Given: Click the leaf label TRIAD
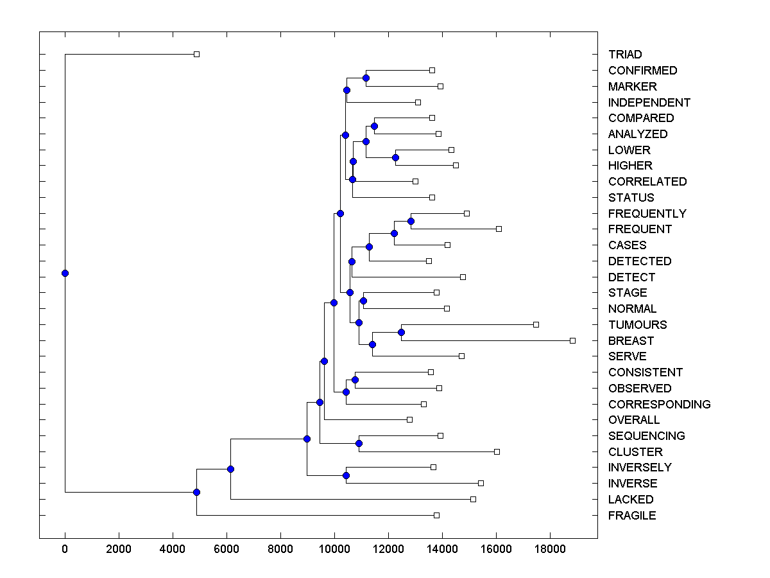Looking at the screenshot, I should tap(625, 55).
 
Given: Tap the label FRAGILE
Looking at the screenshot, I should tap(632, 515).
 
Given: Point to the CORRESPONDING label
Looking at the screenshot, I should tap(659, 404).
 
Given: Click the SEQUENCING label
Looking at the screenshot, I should tap(647, 435).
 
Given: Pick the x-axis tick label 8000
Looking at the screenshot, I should tap(280, 548).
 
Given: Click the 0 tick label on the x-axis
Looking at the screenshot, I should tap(65, 548).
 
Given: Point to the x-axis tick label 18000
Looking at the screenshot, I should tap(550, 548).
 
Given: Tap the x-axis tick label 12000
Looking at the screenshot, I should tap(388, 548).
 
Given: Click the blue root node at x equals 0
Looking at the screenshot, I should tap(65, 273).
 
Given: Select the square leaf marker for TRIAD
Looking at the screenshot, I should tap(197, 55).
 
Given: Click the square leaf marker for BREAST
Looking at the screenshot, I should tap(573, 340).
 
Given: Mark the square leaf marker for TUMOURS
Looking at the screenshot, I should tap(536, 324).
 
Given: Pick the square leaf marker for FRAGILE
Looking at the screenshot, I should tap(437, 515).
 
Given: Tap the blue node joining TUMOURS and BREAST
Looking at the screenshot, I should tap(401, 332).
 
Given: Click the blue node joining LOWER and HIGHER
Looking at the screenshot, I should tap(395, 157).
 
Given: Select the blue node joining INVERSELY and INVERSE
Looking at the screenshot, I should tap(346, 475).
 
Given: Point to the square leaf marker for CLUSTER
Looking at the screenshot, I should tap(497, 451).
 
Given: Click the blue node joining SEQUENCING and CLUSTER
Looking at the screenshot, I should tap(359, 443).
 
